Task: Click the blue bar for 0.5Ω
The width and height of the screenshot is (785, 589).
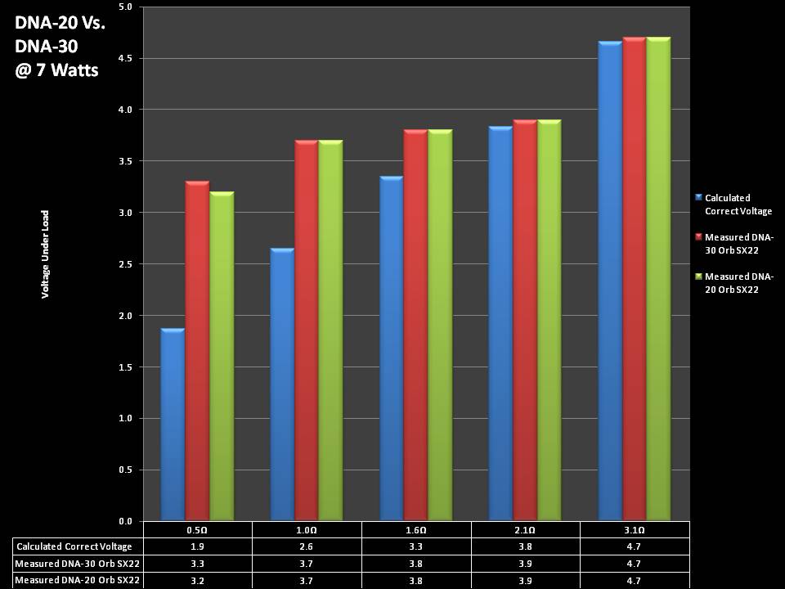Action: [173, 425]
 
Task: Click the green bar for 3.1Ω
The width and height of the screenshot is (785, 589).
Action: [658, 279]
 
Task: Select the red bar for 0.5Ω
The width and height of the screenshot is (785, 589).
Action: [197, 352]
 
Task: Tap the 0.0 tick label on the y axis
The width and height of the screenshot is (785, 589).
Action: [125, 521]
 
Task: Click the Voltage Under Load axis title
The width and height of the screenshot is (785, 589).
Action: [46, 254]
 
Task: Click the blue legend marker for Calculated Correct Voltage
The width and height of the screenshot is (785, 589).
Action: [698, 197]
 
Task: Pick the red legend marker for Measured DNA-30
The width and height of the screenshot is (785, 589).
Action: [698, 236]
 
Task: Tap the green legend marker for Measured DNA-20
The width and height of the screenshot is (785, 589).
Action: [698, 277]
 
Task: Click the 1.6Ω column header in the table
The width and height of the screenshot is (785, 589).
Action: [416, 530]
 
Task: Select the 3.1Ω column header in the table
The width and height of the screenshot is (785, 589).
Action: [635, 530]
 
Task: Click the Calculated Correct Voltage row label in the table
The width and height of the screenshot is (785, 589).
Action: [74, 546]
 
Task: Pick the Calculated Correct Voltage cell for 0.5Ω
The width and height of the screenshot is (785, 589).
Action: [197, 546]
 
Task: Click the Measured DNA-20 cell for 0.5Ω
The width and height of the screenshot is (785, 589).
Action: [197, 580]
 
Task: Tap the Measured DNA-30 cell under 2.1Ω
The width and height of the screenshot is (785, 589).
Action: [525, 564]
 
